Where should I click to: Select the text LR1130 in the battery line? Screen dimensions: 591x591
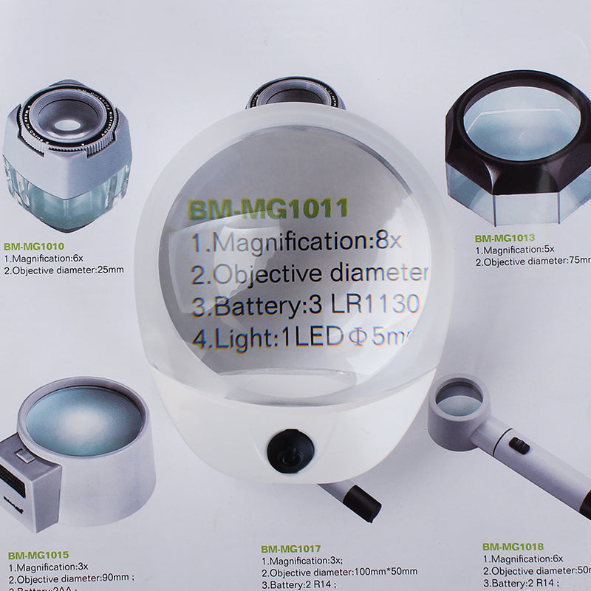pyautogui.click(x=377, y=304)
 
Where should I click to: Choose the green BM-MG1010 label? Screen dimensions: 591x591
pyautogui.click(x=33, y=247)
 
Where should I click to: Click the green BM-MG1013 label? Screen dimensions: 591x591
pyautogui.click(x=504, y=239)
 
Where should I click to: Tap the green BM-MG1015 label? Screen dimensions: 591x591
pyautogui.click(x=38, y=554)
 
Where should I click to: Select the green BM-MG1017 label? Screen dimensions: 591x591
pyautogui.click(x=291, y=549)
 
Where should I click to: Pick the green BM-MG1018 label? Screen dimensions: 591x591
pyautogui.click(x=513, y=547)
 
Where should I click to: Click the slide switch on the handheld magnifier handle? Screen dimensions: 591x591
pyautogui.click(x=519, y=445)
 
